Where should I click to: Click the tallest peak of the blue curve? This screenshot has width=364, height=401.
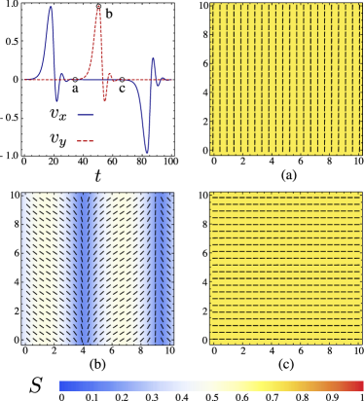[x=51, y=8]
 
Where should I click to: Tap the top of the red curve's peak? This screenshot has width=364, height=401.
[x=98, y=7]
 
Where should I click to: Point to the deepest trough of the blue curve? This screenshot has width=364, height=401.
[x=147, y=153]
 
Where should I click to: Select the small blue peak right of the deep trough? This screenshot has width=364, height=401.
[x=153, y=59]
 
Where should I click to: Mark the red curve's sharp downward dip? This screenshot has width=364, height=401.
[x=105, y=100]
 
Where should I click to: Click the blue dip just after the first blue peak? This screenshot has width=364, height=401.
[x=57, y=99]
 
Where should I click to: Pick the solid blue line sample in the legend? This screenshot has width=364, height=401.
[x=86, y=115]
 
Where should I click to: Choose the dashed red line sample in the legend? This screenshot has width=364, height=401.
[x=86, y=141]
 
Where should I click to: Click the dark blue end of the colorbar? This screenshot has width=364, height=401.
[x=63, y=386]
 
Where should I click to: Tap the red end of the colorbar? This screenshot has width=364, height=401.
[x=359, y=386]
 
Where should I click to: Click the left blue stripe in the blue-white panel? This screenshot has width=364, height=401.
[x=86, y=268]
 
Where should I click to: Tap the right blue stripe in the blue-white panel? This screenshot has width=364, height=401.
[x=159, y=268]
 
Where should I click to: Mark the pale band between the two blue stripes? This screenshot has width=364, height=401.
[x=122, y=268]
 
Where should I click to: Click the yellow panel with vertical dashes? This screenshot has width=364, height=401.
[x=285, y=79]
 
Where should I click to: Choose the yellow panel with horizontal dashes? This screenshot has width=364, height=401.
[x=285, y=268]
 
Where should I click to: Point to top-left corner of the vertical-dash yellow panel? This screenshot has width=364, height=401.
[x=210, y=4]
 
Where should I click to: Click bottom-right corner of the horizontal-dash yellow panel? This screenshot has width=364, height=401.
[x=361, y=344]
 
